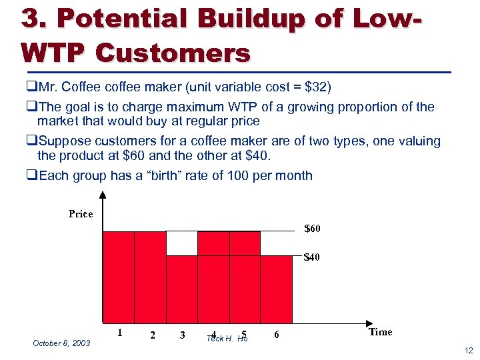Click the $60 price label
[312, 229]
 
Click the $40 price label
[312, 257]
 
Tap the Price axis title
[81, 214]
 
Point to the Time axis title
[380, 332]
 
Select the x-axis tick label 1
[119, 331]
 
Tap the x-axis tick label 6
[276, 335]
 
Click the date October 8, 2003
[61, 343]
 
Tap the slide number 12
[468, 351]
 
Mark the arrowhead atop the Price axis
[102, 195]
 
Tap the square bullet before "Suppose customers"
[33, 141]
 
